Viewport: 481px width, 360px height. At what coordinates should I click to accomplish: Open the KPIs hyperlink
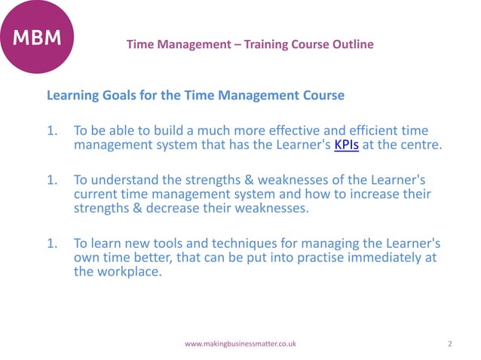[x=345, y=146]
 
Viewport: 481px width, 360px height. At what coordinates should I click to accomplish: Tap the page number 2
[x=449, y=343]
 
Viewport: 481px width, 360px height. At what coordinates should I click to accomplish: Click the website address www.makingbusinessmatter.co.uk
[x=240, y=343]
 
